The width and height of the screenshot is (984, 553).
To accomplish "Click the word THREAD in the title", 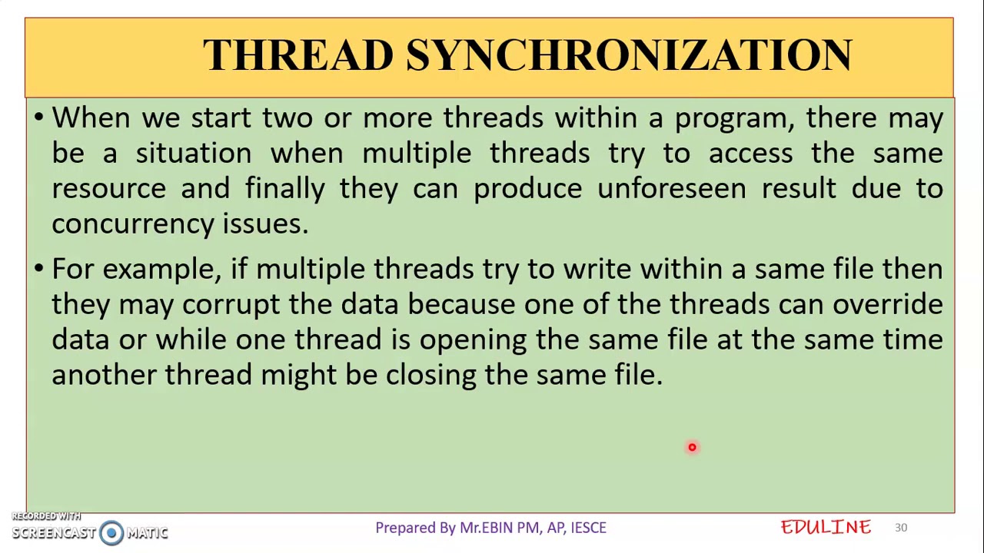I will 298,55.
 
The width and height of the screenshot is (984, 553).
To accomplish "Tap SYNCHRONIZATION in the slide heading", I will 629,55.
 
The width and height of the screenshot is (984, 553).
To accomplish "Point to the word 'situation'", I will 193,154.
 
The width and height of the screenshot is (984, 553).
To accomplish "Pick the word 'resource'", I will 108,189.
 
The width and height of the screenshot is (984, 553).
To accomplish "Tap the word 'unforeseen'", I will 671,189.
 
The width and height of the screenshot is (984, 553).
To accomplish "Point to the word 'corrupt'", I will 231,305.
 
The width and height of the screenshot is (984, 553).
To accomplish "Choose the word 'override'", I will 887,305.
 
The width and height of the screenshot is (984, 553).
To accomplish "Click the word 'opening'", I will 472,340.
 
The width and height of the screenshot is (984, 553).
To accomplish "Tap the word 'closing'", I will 430,376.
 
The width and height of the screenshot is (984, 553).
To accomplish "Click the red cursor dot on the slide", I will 692,447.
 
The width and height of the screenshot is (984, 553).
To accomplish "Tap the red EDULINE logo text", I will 826,527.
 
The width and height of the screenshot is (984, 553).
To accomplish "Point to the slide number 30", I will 901,528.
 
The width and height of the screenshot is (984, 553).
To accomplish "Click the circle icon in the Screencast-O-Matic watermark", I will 111,532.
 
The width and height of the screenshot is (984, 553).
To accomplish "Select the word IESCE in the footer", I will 588,528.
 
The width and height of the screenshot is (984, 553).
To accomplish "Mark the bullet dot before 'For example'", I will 39,270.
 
